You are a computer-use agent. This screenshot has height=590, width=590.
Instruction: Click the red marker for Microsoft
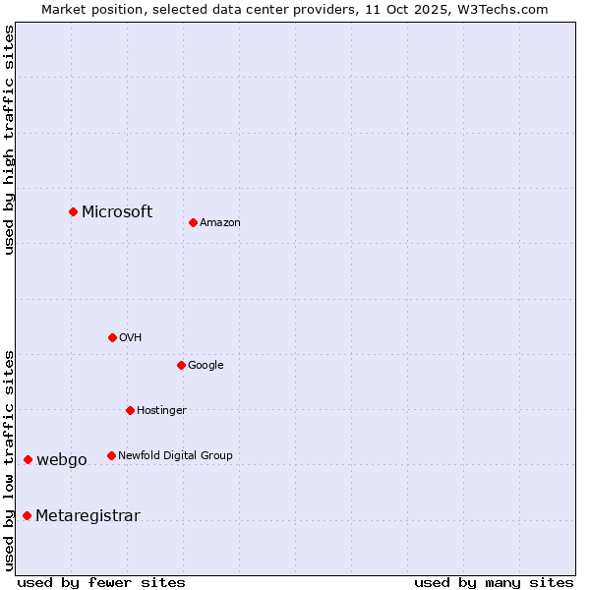[73, 211]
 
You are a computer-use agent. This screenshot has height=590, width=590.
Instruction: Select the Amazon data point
[193, 222]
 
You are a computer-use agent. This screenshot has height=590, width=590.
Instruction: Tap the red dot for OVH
[112, 337]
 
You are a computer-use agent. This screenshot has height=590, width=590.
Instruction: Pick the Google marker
[181, 365]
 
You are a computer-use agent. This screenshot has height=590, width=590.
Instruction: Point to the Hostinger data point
[130, 410]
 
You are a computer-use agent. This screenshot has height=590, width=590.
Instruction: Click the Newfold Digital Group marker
[111, 455]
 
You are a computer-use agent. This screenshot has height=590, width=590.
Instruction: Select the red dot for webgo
[28, 459]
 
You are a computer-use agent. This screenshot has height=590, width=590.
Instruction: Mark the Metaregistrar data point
[27, 515]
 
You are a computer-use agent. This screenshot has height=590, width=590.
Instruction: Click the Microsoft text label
[117, 211]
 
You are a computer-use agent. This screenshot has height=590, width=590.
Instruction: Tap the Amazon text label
[220, 222]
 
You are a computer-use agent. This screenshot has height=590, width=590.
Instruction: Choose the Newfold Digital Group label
[175, 455]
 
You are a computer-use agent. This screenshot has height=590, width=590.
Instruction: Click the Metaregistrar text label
[88, 515]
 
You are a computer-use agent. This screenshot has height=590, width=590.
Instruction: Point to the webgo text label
[62, 459]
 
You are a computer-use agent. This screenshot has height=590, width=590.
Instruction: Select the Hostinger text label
[161, 410]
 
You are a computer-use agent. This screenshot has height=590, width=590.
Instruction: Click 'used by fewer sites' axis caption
[101, 582]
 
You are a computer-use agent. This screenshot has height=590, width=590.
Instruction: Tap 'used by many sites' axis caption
[494, 582]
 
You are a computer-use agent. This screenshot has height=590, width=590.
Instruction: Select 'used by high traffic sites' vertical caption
[9, 140]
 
